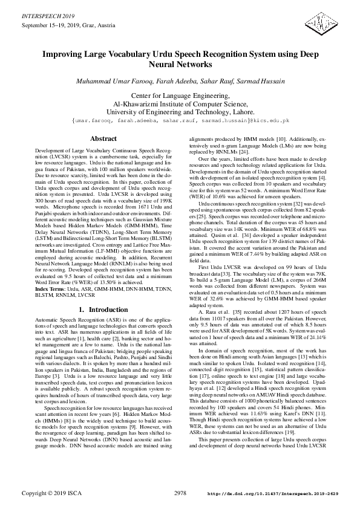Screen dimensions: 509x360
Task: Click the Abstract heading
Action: pyautogui.click(x=103, y=138)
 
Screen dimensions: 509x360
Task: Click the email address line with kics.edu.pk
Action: pyautogui.click(x=180, y=120)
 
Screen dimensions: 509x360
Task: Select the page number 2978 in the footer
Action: pyautogui.click(x=180, y=494)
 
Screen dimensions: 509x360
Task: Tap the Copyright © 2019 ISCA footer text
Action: pyautogui.click(x=51, y=494)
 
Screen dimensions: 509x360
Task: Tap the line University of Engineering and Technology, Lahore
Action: pyautogui.click(x=180, y=112)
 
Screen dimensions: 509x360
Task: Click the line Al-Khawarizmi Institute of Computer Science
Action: pyautogui.click(x=180, y=104)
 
